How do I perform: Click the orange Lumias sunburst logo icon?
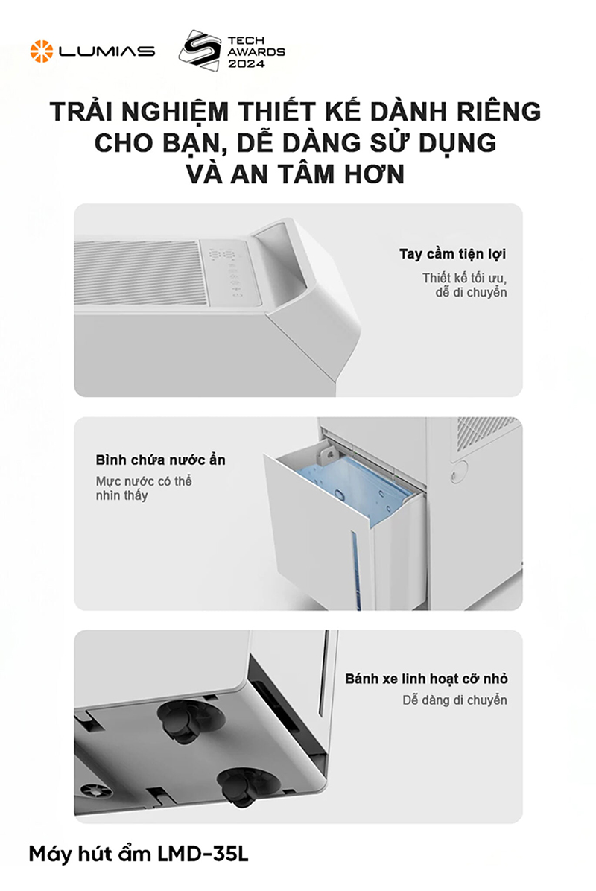coord(41,51)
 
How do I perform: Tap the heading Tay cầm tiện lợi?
coord(452,254)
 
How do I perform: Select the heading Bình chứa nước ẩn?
coord(160,460)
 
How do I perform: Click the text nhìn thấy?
coord(121,495)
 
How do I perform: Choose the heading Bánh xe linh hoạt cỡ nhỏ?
coord(426,679)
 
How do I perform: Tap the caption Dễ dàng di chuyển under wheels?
coord(454,700)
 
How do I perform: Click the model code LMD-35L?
coord(202,854)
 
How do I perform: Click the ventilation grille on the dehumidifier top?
coord(142,272)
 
